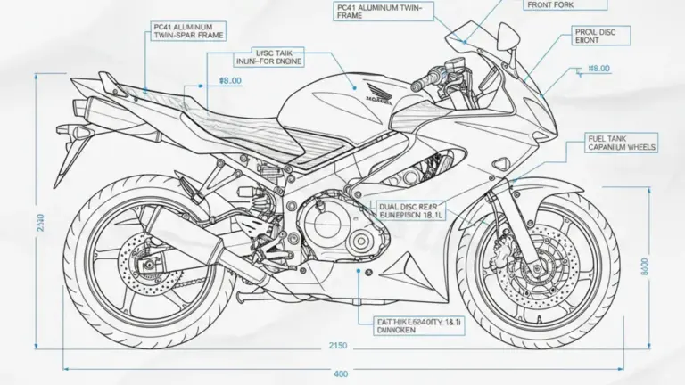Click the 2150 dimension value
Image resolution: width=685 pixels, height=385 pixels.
[x=336, y=345]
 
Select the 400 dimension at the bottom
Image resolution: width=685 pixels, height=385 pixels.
[x=340, y=373]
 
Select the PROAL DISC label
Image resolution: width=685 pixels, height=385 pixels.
[x=595, y=35]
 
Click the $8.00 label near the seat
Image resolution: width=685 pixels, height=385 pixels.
[x=230, y=80]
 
